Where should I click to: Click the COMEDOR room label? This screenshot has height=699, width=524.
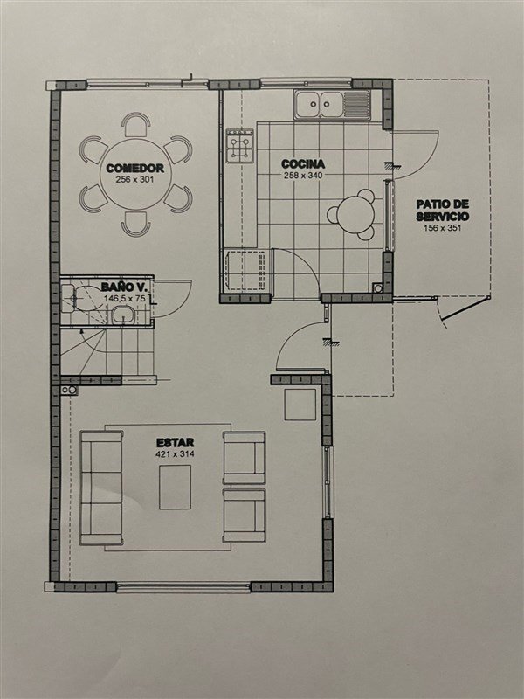(x=135, y=168)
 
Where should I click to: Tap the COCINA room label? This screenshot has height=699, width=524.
(x=303, y=163)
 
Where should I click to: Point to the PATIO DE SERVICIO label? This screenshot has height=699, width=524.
(x=443, y=211)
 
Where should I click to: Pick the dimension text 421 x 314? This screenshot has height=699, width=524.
(x=176, y=454)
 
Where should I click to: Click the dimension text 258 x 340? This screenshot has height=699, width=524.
(x=303, y=176)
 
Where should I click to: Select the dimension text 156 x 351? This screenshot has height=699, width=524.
(x=443, y=228)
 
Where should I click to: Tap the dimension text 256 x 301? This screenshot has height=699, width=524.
(x=135, y=180)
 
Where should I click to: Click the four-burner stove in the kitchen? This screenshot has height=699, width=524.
(x=239, y=146)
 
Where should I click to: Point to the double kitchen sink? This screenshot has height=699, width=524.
(x=332, y=105)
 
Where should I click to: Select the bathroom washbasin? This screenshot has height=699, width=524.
(x=122, y=315)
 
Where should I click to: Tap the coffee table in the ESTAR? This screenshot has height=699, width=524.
(x=176, y=487)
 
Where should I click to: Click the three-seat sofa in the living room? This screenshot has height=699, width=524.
(x=101, y=488)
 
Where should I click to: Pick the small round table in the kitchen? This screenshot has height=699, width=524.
(x=355, y=214)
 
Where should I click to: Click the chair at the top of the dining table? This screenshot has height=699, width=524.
(x=136, y=124)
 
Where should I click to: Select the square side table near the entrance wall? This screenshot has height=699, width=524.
(x=300, y=405)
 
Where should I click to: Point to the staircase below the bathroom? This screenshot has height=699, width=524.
(x=107, y=352)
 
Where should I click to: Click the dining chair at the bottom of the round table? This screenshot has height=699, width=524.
(x=136, y=225)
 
